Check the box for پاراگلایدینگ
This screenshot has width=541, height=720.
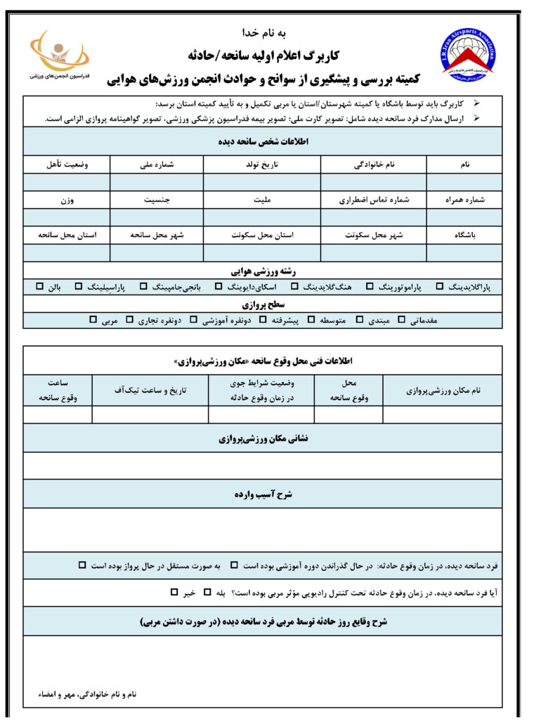click(440, 287)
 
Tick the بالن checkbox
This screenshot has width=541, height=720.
click(40, 287)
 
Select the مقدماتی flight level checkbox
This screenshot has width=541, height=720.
click(402, 321)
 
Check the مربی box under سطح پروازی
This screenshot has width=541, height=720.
click(93, 321)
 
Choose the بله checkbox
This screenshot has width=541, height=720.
click(207, 593)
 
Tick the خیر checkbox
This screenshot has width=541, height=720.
click(174, 593)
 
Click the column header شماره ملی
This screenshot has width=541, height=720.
click(157, 165)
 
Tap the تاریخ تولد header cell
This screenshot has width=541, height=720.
click(262, 165)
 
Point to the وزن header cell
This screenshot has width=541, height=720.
click(67, 200)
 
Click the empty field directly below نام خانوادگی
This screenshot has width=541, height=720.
click(373, 182)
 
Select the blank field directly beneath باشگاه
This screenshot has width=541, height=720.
click(464, 252)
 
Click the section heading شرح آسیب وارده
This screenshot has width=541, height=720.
click(262, 495)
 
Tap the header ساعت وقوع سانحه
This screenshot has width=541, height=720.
click(58, 390)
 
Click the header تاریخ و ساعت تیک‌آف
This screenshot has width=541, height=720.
click(150, 390)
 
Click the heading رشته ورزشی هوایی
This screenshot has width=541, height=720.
click(262, 270)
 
